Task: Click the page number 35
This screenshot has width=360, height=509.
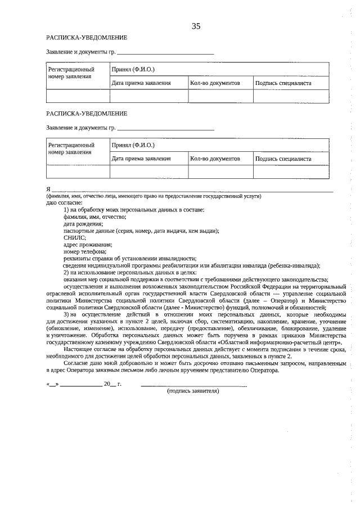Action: [196, 26]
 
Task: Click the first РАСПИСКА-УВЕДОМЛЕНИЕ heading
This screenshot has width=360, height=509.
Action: [87, 38]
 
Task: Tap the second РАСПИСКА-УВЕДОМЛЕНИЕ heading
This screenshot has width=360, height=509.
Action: [87, 113]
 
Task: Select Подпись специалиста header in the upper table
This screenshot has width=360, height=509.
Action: [283, 83]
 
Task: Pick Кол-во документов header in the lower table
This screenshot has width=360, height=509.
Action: [215, 159]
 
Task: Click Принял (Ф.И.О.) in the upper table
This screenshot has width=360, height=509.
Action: [133, 69]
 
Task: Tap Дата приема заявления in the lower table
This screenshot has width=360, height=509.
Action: [141, 159]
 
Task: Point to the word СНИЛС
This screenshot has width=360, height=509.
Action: [74, 237]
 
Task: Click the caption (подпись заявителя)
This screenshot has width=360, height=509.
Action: [193, 391]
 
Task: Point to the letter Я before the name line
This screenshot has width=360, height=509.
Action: [48, 189]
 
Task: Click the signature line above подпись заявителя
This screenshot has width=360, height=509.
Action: [193, 385]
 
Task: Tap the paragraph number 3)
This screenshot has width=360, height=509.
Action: [67, 314]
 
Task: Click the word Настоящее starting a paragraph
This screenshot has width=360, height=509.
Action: [77, 349]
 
